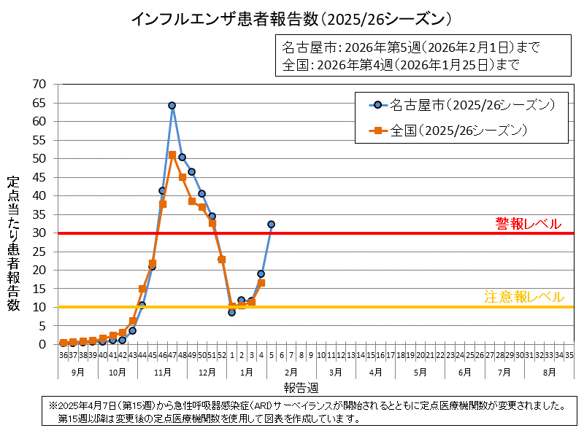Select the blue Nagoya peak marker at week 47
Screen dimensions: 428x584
point(172,106)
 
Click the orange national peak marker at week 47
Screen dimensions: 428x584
point(172,155)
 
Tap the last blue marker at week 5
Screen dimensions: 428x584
point(271,225)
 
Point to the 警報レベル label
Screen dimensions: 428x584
point(529,224)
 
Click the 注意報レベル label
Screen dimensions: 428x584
point(523,297)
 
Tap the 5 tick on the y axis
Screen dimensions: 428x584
point(42,326)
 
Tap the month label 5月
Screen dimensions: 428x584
point(420,372)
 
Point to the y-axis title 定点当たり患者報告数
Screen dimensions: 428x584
point(13,244)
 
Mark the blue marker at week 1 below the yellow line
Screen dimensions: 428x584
point(231,312)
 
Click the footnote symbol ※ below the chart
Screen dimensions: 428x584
point(53,405)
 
